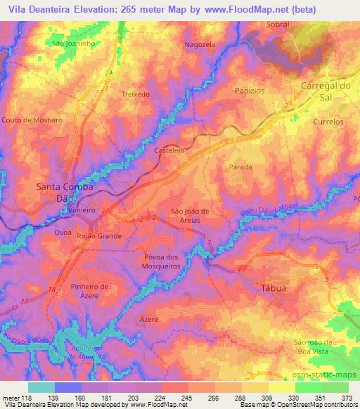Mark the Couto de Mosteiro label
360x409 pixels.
click(32, 120)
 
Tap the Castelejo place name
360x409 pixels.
click(169, 151)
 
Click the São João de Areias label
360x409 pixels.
click(191, 216)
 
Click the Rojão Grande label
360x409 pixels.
click(99, 237)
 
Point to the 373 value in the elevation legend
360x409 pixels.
click(347, 398)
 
